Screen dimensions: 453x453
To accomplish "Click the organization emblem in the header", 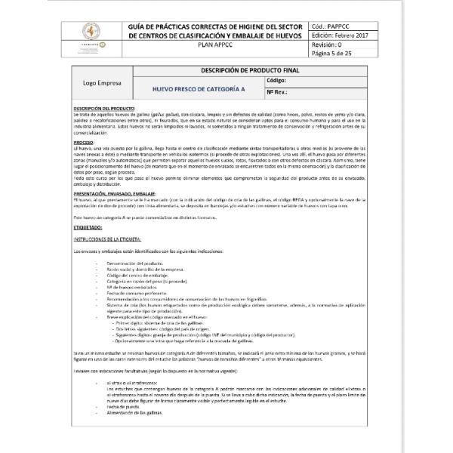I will tap(91, 34).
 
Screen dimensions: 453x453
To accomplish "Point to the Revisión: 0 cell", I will tap(326, 45).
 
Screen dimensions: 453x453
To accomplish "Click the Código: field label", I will tap(276, 79).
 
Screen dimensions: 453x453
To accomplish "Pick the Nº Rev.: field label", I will tap(278, 91).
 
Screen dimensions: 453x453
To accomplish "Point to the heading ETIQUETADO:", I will tap(88, 226).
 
